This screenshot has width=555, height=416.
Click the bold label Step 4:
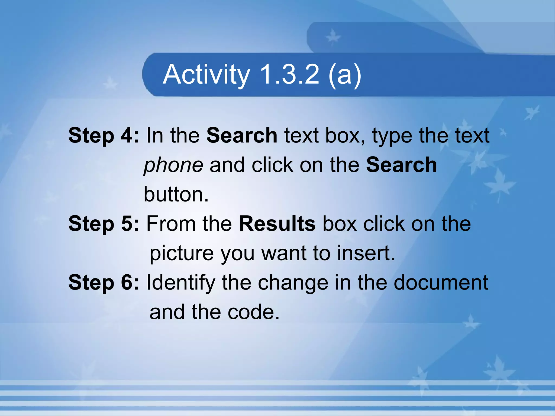[103, 135]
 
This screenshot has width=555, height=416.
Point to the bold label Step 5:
[103, 224]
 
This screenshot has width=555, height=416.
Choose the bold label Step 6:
[103, 282]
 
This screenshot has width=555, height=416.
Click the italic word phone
[173, 165]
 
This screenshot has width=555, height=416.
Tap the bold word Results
[277, 224]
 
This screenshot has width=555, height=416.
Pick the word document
[441, 282]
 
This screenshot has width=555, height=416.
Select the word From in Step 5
[171, 224]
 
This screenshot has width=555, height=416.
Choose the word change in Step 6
[293, 282]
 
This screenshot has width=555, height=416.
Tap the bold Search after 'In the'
[242, 135]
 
